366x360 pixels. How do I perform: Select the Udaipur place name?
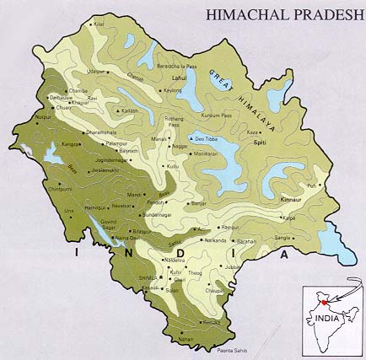pyautogui.click(x=98, y=72)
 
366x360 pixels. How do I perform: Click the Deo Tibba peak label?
pyautogui.click(x=207, y=137)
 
